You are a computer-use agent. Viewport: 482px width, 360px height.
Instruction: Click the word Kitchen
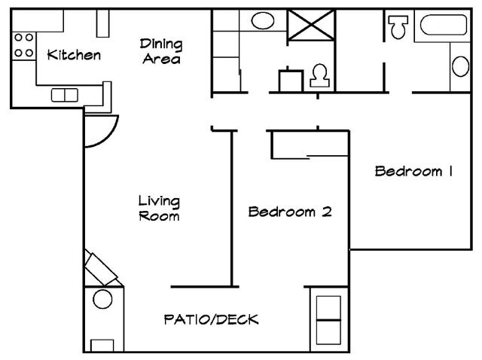[x=73, y=55]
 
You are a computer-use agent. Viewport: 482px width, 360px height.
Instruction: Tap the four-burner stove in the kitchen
[x=23, y=44]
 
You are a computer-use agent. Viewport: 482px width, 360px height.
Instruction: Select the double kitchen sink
[x=65, y=95]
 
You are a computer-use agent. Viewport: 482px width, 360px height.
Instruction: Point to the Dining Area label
[x=162, y=51]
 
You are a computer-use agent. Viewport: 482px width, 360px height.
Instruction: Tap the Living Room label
[x=159, y=209]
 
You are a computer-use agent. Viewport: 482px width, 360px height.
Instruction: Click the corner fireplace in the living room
[x=102, y=268]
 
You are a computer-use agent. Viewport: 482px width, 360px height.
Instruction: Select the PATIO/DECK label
[x=211, y=319]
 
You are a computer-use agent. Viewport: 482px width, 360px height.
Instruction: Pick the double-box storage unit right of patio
[x=328, y=319]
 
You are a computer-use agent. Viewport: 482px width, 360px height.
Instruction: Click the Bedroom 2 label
[x=290, y=212]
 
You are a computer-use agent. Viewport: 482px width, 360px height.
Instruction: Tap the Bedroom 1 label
[x=413, y=172]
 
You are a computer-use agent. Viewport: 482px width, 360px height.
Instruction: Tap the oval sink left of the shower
[x=262, y=20]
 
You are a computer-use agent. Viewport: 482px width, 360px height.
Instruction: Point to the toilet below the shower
[x=319, y=74]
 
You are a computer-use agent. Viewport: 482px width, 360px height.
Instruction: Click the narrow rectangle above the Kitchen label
[x=103, y=24]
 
